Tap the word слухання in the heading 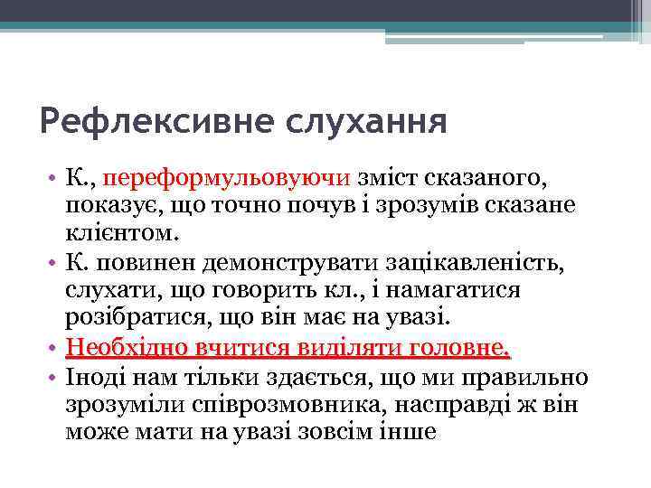(x=337, y=121)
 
